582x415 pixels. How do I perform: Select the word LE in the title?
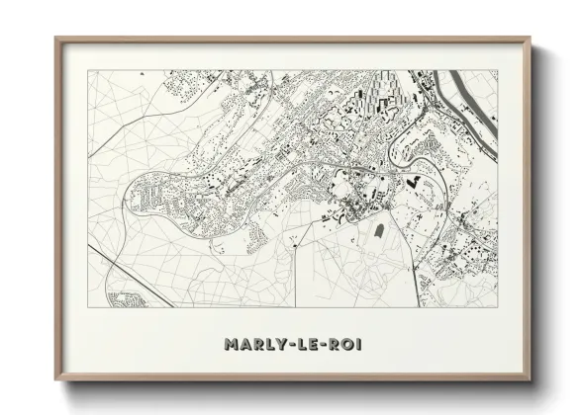tap(300, 345)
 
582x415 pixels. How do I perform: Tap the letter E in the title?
tap(306, 345)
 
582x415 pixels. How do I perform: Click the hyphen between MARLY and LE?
tap(287, 346)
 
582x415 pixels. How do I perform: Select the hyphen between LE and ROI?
tap(317, 346)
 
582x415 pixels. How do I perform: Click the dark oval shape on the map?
tap(378, 231)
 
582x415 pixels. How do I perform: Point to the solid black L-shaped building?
tap(412, 181)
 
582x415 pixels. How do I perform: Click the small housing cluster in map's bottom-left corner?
tap(127, 297)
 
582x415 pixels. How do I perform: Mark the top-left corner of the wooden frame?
tap(56, 39)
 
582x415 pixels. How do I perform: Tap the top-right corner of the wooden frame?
tap(529, 39)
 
